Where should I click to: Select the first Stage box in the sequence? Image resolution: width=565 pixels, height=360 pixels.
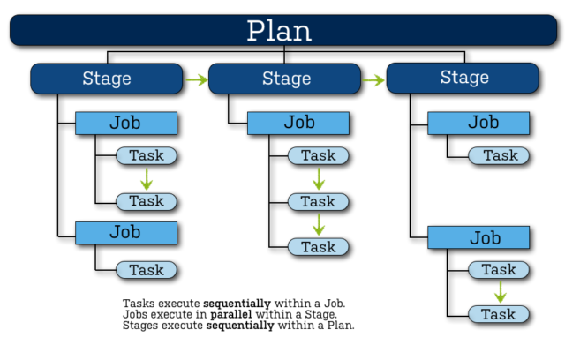[106, 79]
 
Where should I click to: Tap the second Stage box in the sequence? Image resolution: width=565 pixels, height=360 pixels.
[285, 79]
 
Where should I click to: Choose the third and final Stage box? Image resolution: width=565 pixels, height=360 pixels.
[463, 79]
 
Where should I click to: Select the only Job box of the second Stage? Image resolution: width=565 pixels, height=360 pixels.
[298, 123]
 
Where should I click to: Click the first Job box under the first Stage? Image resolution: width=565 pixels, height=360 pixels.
[125, 123]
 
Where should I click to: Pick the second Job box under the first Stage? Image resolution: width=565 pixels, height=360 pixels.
[125, 233]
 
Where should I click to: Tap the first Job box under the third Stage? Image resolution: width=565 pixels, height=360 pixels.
[478, 123]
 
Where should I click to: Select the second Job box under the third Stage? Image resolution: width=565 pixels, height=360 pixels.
[478, 237]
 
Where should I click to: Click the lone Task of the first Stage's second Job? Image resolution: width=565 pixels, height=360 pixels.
[147, 270]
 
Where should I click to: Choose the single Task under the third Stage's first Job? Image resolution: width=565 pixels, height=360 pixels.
[499, 156]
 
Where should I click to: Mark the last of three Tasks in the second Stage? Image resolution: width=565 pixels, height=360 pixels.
[319, 247]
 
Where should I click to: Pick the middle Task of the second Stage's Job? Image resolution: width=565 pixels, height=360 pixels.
[319, 201]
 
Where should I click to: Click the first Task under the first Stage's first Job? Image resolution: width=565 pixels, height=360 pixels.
[147, 156]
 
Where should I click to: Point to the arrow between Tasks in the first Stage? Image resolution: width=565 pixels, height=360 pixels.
[147, 178]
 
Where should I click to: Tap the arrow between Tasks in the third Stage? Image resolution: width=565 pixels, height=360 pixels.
[499, 291]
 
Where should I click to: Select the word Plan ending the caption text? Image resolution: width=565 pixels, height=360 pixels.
[340, 325]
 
